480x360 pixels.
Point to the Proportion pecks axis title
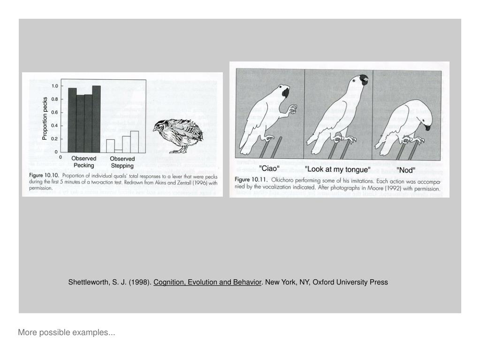click(45, 118)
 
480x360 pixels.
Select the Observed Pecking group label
click(84, 162)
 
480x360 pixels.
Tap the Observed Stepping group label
click(122, 162)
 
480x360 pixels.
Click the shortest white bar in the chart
click(118, 151)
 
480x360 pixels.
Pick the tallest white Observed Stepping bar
click(134, 142)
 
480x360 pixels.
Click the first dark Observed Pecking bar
click(72, 120)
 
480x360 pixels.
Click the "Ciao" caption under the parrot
click(269, 169)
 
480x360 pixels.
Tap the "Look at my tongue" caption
click(338, 169)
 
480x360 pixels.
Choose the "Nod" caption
click(406, 170)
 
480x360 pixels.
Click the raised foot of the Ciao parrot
click(292, 109)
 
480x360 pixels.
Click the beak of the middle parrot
click(364, 79)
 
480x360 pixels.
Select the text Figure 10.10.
click(44, 176)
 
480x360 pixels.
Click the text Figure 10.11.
click(251, 179)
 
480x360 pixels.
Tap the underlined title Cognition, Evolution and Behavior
click(207, 282)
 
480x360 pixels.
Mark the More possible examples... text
click(67, 332)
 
